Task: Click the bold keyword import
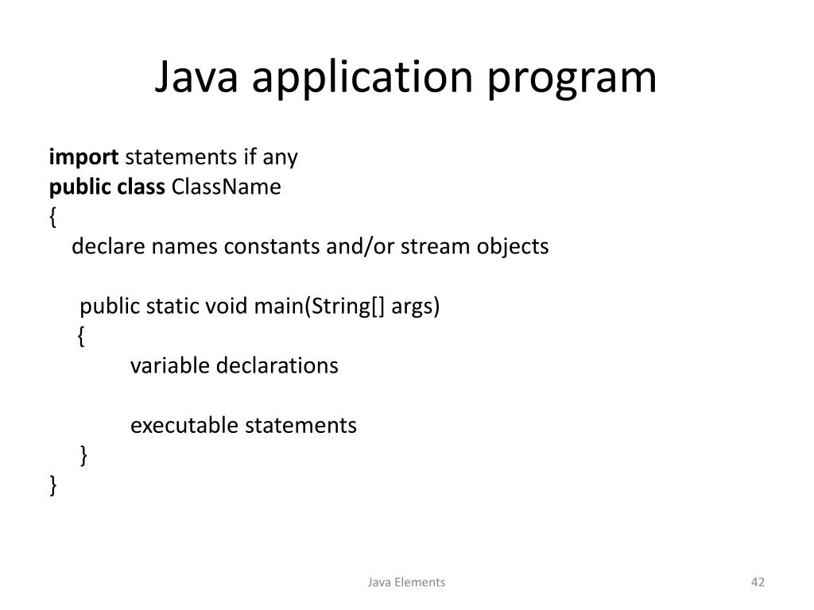tap(83, 157)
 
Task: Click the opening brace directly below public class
tap(52, 217)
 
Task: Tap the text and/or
tap(360, 246)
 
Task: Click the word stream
tap(436, 246)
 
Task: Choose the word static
tap(172, 306)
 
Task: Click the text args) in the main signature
tap(415, 307)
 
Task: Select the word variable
tap(170, 365)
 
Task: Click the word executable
tap(184, 425)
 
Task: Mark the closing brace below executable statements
tap(83, 455)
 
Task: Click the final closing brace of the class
tap(52, 485)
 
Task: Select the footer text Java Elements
tap(406, 582)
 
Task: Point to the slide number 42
tap(758, 582)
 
